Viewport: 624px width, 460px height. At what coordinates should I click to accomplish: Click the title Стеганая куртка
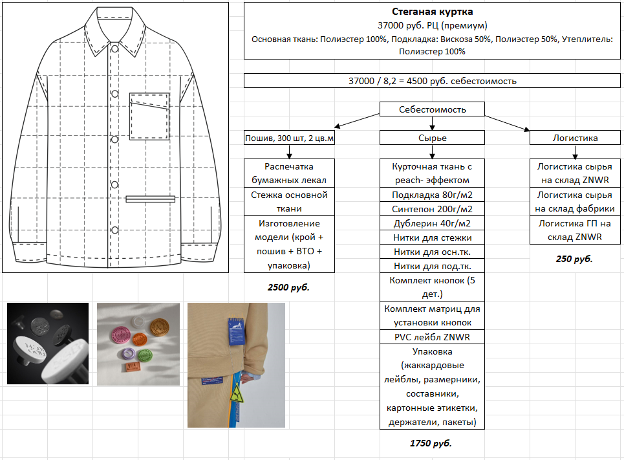(432, 12)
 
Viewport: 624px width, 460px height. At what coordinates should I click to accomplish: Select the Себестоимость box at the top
(432, 109)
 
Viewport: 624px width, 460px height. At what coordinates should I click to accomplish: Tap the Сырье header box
(432, 138)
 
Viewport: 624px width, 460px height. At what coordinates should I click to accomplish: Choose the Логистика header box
(575, 138)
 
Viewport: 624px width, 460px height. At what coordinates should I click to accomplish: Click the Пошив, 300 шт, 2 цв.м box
(290, 138)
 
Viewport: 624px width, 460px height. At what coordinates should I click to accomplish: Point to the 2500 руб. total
(288, 287)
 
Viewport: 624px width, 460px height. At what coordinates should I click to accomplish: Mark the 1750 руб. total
(431, 444)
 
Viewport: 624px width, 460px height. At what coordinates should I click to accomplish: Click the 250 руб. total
(574, 259)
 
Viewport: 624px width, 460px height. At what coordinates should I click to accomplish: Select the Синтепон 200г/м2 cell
(432, 209)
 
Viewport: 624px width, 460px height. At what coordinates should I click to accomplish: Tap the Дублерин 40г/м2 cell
(432, 223)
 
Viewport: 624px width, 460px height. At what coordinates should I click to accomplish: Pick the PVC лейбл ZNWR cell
(432, 337)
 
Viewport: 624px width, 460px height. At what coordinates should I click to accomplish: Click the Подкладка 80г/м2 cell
(432, 195)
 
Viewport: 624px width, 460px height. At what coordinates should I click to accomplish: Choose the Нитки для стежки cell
(432, 237)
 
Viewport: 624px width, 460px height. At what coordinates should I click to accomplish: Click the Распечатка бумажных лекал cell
(290, 173)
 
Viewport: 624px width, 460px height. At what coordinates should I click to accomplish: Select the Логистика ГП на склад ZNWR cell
(575, 230)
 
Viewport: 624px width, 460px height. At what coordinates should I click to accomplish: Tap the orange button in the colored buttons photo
(140, 338)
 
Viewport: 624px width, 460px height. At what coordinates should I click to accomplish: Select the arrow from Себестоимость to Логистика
(508, 122)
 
